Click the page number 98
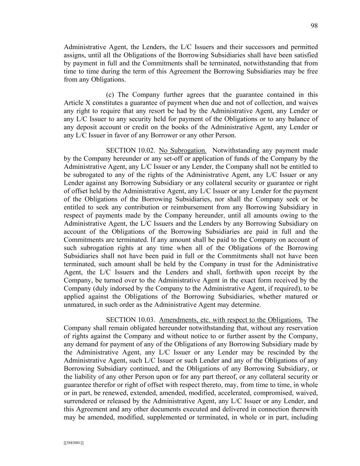tap(314, 26)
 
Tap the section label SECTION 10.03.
tap(130, 319)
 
